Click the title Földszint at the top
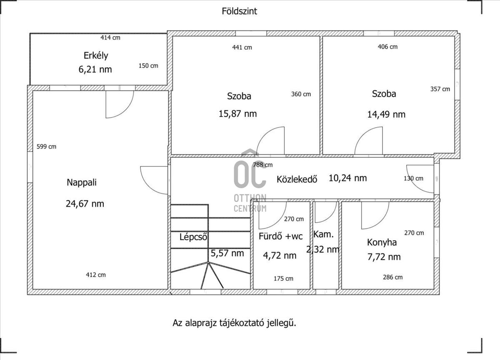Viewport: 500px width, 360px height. click(x=239, y=11)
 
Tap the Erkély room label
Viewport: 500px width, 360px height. click(x=96, y=55)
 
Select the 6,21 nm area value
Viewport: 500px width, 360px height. click(x=95, y=70)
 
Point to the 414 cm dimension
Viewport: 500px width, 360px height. click(x=110, y=37)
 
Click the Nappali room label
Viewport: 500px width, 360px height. click(x=82, y=182)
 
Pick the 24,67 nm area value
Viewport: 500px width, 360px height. click(x=85, y=204)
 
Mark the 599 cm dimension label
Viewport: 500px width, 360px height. click(x=46, y=147)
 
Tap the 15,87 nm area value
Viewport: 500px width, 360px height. click(x=237, y=114)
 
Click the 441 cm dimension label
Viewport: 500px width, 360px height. click(x=242, y=47)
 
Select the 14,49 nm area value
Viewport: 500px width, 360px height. click(x=386, y=114)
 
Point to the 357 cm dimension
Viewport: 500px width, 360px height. click(x=440, y=89)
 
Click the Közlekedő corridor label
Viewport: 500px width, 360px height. click(x=297, y=180)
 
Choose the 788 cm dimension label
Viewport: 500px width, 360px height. click(x=263, y=165)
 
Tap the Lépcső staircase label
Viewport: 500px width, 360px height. click(x=193, y=237)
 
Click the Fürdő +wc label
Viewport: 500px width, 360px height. click(x=280, y=236)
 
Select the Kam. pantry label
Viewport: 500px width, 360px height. click(x=323, y=234)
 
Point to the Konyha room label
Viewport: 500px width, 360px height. click(x=382, y=242)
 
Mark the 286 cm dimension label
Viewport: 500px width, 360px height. click(x=392, y=277)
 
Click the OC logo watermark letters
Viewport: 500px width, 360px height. click(x=250, y=174)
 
